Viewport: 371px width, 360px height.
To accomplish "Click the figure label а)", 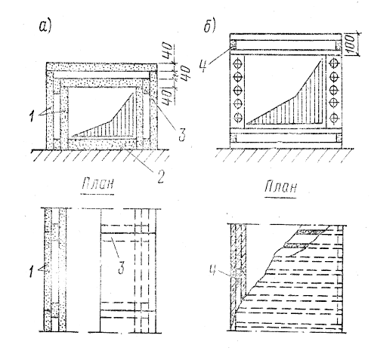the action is point(45,26).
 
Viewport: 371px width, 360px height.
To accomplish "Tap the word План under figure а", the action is point(97,183).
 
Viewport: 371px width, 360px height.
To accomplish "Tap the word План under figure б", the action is point(280,186).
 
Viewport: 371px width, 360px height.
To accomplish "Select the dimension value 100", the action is point(351,44).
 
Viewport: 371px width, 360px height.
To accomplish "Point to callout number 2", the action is point(160,177).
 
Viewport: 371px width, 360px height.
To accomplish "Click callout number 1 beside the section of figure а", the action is point(32,116).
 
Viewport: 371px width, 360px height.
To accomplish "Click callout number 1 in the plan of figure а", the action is point(31,271).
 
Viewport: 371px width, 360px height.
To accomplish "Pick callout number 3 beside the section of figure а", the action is point(182,134).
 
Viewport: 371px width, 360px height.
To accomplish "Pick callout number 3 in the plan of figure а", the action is point(122,267).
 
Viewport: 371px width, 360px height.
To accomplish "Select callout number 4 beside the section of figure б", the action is point(204,66).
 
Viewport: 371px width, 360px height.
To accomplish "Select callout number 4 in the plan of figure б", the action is point(214,269).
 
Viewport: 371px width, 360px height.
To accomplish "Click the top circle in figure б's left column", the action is point(238,62).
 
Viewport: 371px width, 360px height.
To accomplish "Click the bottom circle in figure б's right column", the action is point(334,118).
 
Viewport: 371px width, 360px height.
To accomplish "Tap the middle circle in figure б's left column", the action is point(238,90).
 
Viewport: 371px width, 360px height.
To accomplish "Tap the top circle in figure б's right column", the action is point(334,63).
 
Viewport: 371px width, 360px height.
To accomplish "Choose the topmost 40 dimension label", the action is point(168,51).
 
